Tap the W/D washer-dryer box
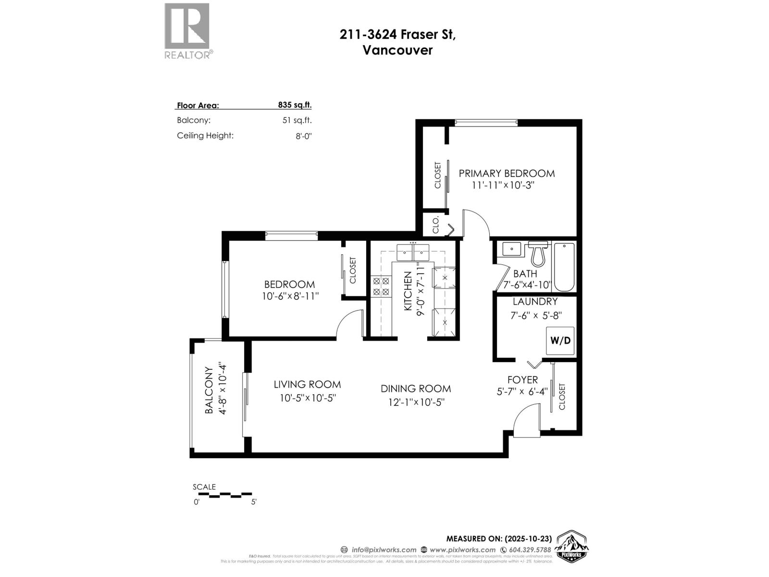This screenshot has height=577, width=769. [x=560, y=340]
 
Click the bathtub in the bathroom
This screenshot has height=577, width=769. [x=564, y=267]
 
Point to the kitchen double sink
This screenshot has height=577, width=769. [x=413, y=251]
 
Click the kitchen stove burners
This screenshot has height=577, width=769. [x=381, y=287]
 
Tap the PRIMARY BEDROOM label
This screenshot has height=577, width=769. [x=506, y=173]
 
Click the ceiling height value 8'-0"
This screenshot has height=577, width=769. [x=304, y=136]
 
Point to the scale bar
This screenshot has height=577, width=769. [x=223, y=495]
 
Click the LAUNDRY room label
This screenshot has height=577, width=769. [x=535, y=301]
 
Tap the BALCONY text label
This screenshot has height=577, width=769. [x=209, y=390]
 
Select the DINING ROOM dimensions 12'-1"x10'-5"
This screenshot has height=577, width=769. [x=416, y=402]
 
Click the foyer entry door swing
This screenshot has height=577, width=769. [x=526, y=420]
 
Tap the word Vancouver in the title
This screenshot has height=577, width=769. [x=397, y=50]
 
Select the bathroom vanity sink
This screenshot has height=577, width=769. [x=512, y=249]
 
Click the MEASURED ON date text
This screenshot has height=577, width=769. [x=498, y=539]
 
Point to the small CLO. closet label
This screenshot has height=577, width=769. [x=436, y=225]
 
